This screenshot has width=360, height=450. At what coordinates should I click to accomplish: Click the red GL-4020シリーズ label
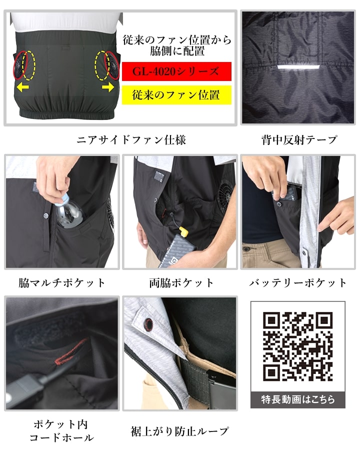click(x=176, y=71)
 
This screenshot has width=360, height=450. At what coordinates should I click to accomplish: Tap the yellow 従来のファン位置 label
click(x=176, y=95)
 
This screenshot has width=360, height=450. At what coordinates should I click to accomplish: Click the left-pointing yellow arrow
click(x=22, y=86)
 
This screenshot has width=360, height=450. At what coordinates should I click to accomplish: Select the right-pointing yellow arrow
click(x=108, y=86)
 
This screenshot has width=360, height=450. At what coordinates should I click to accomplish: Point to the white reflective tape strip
click(x=298, y=67)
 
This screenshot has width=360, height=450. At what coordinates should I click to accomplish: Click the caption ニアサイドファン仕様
click(x=131, y=140)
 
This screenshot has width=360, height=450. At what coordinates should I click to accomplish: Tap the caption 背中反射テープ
click(x=299, y=140)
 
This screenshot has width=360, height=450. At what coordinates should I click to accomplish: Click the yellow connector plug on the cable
click(x=184, y=231)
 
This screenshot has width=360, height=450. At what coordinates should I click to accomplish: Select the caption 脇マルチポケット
click(x=61, y=283)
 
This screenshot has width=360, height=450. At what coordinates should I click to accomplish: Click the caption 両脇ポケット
click(x=181, y=283)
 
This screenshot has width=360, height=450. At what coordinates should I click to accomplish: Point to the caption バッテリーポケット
click(x=298, y=283)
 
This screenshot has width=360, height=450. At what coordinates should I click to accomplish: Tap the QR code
click(x=297, y=346)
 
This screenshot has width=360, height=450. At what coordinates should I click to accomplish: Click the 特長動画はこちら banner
click(x=297, y=399)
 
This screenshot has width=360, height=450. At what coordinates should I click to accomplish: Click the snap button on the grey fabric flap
click(x=148, y=323)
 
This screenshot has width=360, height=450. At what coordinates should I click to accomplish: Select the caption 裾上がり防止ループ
click(x=180, y=431)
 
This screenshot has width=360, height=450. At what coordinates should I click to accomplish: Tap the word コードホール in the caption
click(x=61, y=437)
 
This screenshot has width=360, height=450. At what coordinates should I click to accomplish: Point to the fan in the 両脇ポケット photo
click(x=225, y=195)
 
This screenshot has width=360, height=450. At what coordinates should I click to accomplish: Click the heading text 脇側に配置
click(x=177, y=51)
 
